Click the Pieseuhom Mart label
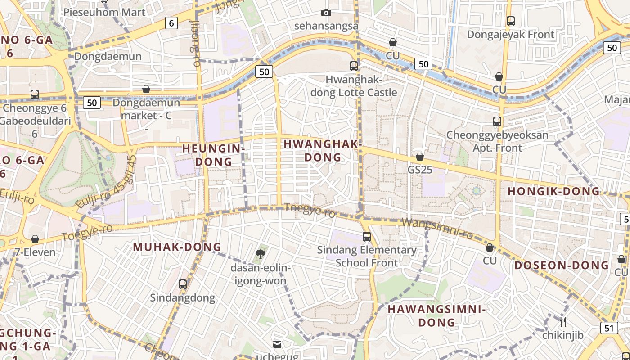(104, 12)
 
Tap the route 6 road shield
(171, 22)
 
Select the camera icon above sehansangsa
(326, 13)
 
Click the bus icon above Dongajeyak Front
(510, 21)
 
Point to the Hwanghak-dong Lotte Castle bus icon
(354, 66)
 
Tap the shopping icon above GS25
(419, 157)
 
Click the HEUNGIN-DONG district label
(213, 154)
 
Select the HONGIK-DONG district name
(553, 191)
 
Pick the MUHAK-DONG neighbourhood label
(177, 247)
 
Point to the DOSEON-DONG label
(561, 265)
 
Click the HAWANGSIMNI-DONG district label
(436, 315)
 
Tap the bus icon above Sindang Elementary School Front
(367, 237)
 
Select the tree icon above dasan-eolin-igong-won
(260, 255)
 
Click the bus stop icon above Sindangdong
(182, 284)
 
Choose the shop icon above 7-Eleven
(35, 239)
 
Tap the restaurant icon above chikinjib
(562, 322)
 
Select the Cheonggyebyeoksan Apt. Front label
(497, 141)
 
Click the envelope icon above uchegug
(277, 344)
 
